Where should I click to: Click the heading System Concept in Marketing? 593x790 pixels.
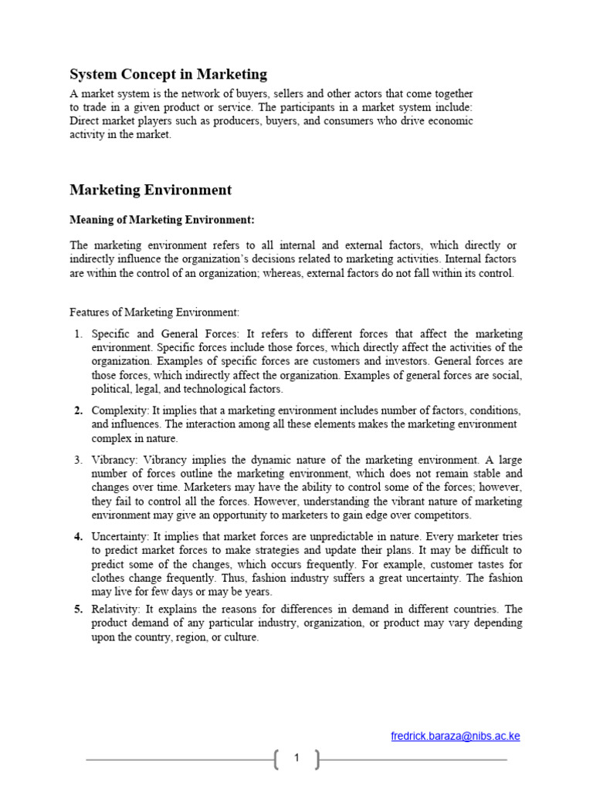click(168, 75)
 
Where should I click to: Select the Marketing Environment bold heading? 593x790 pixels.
click(151, 190)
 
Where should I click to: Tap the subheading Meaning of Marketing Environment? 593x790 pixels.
click(162, 220)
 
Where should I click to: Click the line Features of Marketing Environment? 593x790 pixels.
click(154, 312)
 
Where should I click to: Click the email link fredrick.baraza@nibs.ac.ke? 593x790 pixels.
click(456, 736)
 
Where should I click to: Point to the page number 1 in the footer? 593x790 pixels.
click(296, 759)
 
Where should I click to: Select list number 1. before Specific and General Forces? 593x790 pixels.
click(78, 334)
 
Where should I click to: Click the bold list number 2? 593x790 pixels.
click(78, 410)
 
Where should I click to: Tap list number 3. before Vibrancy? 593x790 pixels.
click(78, 460)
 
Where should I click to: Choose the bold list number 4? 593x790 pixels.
click(78, 535)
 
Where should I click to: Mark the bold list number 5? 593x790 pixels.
click(78, 609)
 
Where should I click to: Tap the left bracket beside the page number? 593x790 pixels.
click(276, 759)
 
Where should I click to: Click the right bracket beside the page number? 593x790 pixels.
click(317, 759)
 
